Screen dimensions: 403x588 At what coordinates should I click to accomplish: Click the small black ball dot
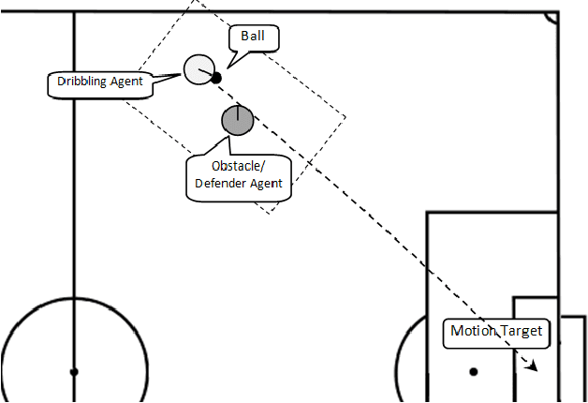pyautogui.click(x=215, y=78)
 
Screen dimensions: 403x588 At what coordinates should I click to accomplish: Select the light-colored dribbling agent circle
pyautogui.click(x=198, y=69)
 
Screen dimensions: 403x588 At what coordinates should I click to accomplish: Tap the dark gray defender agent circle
pyautogui.click(x=238, y=120)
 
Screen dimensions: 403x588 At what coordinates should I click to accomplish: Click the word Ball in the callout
pyautogui.click(x=254, y=37)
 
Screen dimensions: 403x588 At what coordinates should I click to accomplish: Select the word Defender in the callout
pyautogui.click(x=221, y=184)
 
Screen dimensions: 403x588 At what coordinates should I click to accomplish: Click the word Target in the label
pyautogui.click(x=520, y=331)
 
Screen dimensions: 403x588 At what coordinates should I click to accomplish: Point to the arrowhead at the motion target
pyautogui.click(x=533, y=366)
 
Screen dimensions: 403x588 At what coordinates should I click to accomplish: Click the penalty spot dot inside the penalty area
pyautogui.click(x=474, y=372)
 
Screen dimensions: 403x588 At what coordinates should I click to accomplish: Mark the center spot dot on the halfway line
pyautogui.click(x=74, y=372)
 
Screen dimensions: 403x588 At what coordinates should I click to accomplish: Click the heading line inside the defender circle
pyautogui.click(x=238, y=113)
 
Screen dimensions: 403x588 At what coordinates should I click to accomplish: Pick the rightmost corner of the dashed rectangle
pyautogui.click(x=346, y=117)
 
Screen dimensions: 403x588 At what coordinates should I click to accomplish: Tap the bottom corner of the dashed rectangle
pyautogui.click(x=271, y=213)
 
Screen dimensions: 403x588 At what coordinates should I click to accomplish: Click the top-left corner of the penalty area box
pyautogui.click(x=427, y=213)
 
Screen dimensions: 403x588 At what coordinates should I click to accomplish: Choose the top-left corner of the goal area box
pyautogui.click(x=513, y=297)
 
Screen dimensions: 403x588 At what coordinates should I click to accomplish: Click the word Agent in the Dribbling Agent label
pyautogui.click(x=127, y=82)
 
